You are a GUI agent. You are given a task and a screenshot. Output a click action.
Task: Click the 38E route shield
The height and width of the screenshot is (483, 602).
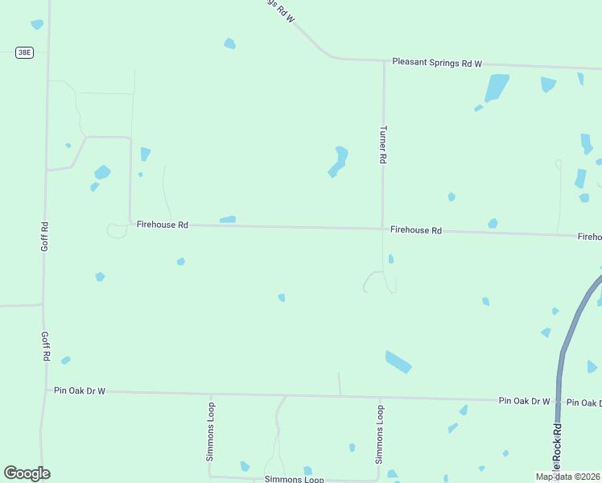(25, 52)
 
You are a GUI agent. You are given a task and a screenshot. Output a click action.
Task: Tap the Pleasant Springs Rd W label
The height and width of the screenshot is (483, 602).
(436, 62)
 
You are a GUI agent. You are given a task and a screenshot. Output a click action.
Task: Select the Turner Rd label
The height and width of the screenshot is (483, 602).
(383, 145)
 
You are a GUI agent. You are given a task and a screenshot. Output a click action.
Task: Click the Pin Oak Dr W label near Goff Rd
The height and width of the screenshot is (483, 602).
(80, 390)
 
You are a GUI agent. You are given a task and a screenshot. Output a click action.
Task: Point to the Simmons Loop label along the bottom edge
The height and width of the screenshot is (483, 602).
(294, 479)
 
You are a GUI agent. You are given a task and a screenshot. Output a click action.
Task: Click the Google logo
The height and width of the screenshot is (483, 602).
(27, 473)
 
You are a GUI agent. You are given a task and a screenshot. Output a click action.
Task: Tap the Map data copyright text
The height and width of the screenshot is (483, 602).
(567, 477)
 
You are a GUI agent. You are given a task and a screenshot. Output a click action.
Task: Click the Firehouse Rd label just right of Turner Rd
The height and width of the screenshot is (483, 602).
(416, 230)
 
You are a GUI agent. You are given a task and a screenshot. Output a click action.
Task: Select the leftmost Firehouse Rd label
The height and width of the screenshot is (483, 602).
(162, 225)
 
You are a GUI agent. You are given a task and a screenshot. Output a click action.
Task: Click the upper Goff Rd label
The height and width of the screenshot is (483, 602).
(45, 236)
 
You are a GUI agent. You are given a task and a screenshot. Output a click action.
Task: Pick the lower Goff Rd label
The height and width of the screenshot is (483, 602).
(46, 346)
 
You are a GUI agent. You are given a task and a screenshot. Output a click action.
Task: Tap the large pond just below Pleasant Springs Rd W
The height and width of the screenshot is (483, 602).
(497, 87)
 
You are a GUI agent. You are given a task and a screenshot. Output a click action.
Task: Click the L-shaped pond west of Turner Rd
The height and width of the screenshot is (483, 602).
(339, 161)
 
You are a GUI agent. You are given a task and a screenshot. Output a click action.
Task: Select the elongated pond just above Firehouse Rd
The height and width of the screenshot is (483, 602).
(228, 219)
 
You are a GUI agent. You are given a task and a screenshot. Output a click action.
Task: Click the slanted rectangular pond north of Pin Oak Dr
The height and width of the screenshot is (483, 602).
(398, 362)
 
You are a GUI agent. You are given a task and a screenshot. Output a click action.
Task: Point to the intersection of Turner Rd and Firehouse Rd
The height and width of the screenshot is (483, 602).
(382, 229)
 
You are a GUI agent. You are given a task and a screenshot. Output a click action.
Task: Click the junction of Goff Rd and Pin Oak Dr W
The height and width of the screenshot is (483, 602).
(43, 390)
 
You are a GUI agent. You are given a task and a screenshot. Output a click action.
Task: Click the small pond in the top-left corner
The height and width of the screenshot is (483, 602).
(37, 24)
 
